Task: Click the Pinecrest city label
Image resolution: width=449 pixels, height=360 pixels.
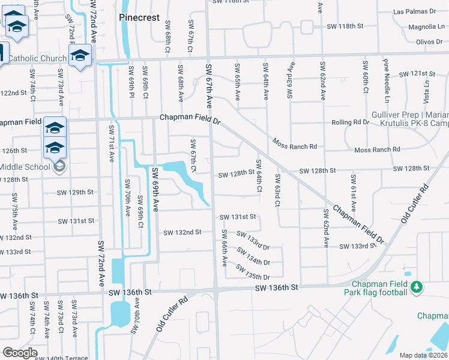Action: (139, 17)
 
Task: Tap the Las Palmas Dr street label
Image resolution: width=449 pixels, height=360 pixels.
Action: (414, 11)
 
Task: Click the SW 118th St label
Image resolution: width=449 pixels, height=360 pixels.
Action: (345, 26)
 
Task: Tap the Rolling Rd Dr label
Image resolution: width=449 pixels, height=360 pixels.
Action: (350, 122)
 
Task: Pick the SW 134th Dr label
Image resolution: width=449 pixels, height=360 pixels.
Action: (254, 256)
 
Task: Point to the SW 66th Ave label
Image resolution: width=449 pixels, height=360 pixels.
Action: (224, 248)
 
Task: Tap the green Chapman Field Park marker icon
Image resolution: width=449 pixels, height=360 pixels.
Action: (417, 289)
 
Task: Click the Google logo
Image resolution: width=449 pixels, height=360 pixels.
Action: (20, 353)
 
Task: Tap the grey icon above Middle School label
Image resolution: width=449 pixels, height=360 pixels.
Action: (59, 166)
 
